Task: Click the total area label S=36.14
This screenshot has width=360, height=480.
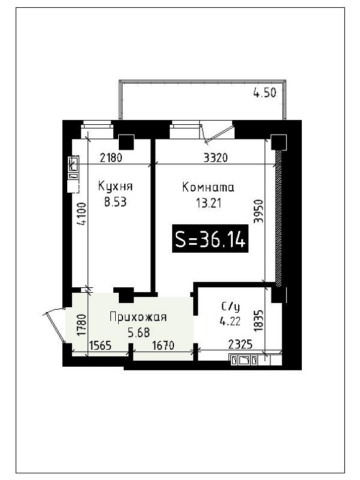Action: click(x=210, y=239)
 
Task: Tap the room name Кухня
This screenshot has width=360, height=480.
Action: click(x=115, y=186)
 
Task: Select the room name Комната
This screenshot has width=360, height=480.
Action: click(x=208, y=187)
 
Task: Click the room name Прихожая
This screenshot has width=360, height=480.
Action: click(x=138, y=317)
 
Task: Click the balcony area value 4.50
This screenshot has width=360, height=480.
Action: click(x=265, y=93)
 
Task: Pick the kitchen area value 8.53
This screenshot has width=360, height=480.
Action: click(x=115, y=202)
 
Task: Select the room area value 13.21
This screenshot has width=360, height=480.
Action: click(x=208, y=202)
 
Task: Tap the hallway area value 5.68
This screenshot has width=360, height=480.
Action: click(x=139, y=333)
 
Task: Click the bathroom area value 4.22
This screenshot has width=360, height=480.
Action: click(x=230, y=321)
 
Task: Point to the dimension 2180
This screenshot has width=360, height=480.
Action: click(x=111, y=158)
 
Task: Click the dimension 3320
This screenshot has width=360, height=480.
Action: click(x=216, y=158)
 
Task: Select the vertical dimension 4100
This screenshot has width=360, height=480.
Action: click(x=82, y=214)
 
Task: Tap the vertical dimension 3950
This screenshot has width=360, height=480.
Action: click(x=259, y=212)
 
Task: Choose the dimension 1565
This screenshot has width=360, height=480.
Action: click(x=100, y=345)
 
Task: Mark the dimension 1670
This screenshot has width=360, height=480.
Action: click(x=163, y=345)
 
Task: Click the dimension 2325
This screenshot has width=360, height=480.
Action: click(x=241, y=345)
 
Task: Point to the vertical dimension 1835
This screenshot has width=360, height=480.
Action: click(x=259, y=321)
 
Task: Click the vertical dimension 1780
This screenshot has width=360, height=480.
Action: click(x=82, y=324)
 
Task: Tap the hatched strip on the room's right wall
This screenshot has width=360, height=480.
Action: click(x=278, y=218)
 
